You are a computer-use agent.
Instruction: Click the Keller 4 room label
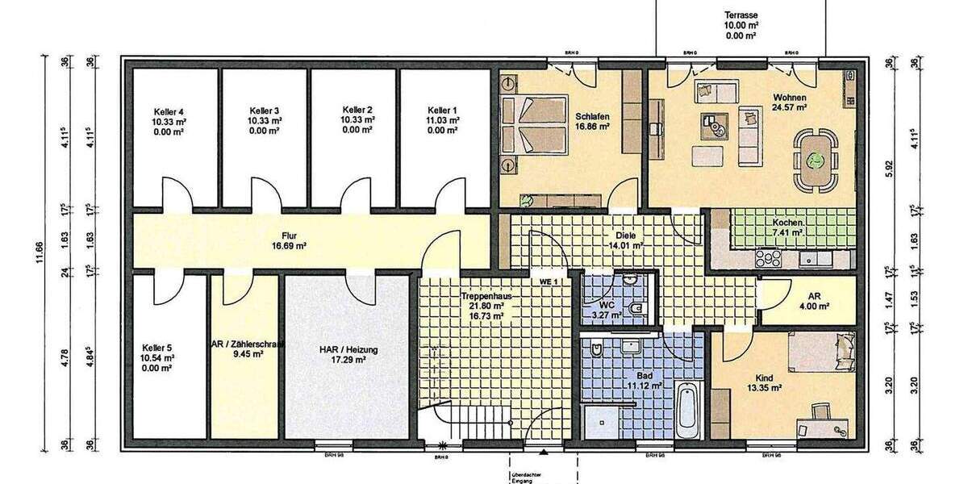(x=170, y=111)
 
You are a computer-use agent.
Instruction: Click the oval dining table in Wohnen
(x=816, y=150)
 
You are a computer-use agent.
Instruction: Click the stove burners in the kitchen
(x=766, y=258)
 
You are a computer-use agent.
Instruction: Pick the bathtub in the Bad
(x=686, y=411)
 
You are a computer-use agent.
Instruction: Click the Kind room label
(x=763, y=378)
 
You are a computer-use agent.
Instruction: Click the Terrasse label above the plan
(x=740, y=15)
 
